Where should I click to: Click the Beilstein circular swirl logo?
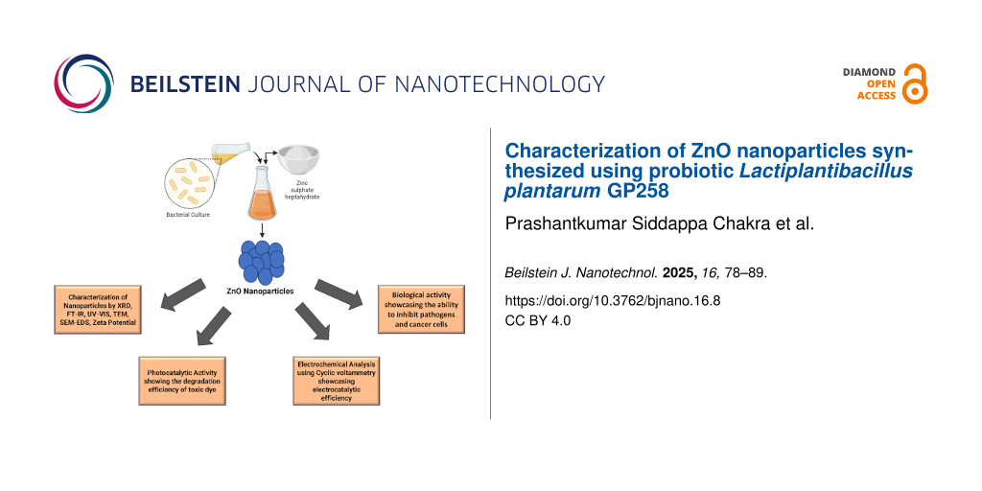(x=84, y=83)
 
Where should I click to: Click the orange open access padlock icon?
(x=915, y=84)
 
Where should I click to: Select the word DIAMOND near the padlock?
(x=870, y=72)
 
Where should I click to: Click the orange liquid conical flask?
(x=263, y=194)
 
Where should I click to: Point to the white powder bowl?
(x=299, y=160)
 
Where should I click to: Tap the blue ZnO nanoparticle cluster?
(x=261, y=261)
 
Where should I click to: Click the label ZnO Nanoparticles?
(x=261, y=291)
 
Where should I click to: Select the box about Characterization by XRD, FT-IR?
(x=98, y=310)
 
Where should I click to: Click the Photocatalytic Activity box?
(x=181, y=380)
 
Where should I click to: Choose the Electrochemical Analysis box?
(x=336, y=380)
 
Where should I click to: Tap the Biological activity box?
(x=421, y=310)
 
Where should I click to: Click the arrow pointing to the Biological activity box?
(x=339, y=293)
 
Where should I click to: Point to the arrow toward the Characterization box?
(x=183, y=293)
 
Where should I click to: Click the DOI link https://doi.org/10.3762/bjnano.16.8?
(x=613, y=300)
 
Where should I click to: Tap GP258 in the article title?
(x=638, y=191)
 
